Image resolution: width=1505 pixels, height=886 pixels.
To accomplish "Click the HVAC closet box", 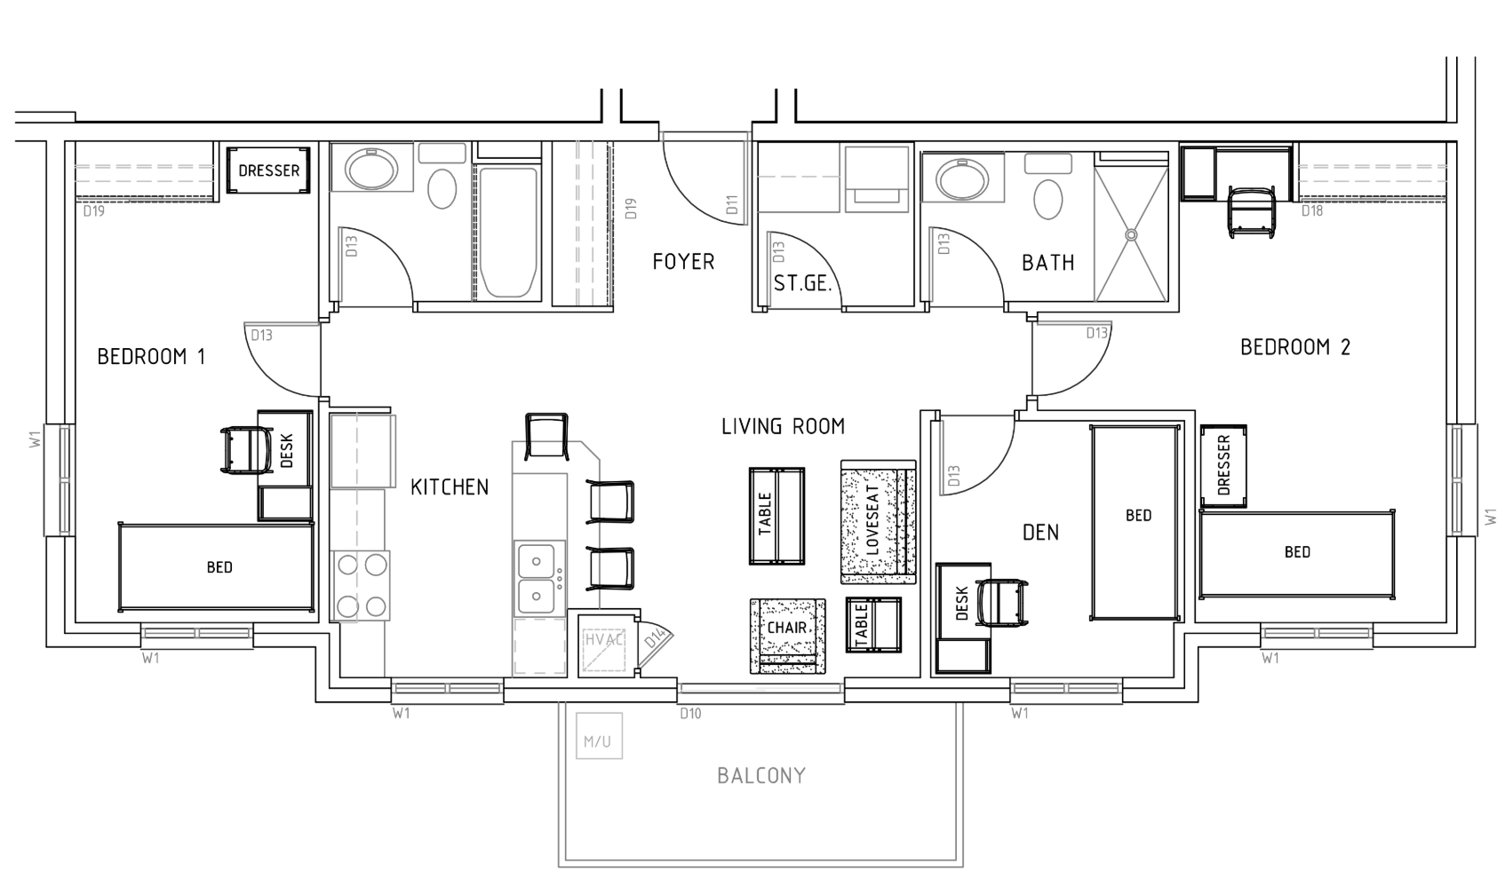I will pos(605,645).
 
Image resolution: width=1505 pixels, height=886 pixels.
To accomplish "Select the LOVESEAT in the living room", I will pos(877,523).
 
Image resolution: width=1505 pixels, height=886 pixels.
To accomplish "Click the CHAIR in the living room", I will pos(787,634).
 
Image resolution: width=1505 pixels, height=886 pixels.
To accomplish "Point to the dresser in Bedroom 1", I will pos(269,170).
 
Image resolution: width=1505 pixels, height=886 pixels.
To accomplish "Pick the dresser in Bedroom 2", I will pos(1223,467).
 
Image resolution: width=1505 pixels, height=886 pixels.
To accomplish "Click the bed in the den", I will pos(1137,522).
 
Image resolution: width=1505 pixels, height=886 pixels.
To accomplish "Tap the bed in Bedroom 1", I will pos(219,567).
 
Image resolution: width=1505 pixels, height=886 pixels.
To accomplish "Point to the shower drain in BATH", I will pos(1131,235).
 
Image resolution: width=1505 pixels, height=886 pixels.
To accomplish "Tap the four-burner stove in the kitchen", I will pos(361,586).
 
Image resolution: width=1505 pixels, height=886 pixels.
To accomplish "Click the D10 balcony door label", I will pos(690,713).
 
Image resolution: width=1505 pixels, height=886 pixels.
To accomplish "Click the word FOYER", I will pos(683,262).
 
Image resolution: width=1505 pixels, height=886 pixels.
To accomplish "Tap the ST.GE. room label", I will pos(802,284).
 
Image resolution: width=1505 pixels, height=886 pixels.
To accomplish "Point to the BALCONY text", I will pos(761,776).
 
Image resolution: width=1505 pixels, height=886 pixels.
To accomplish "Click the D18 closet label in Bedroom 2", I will pos(1311,211).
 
